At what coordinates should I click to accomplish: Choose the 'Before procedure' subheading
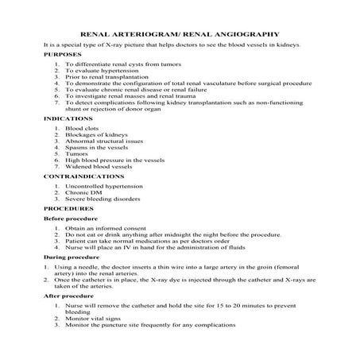pos(71,217)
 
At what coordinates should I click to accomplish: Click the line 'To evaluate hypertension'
pos(100,71)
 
